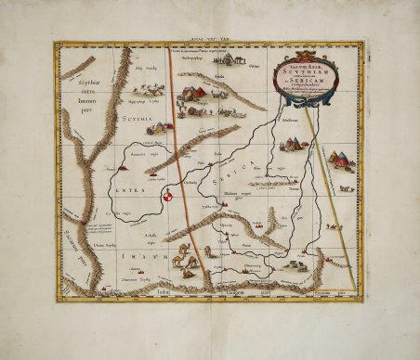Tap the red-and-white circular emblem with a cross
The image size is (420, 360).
point(168,196)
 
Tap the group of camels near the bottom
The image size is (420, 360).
point(184,259)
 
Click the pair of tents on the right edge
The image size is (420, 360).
point(341,159)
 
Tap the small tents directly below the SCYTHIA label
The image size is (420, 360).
point(160,127)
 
